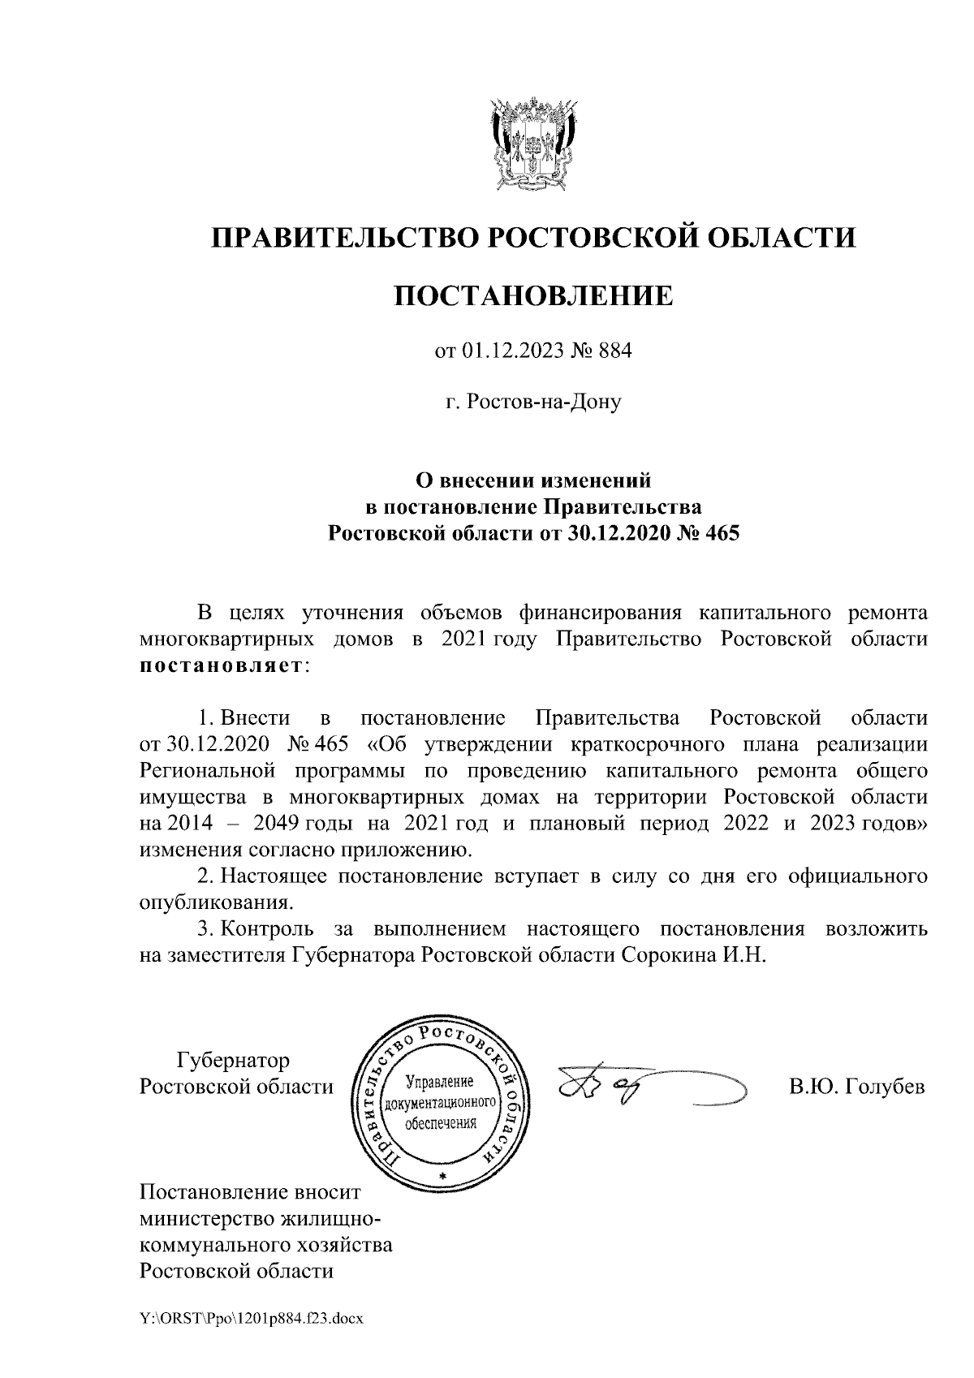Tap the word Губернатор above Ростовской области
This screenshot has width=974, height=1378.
tap(233, 1061)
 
